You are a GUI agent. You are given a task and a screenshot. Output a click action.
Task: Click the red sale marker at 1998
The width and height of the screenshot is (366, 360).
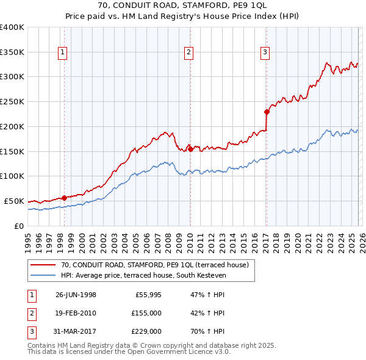point(64,198)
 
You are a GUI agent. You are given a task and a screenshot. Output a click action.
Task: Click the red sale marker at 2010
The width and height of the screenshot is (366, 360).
point(190,148)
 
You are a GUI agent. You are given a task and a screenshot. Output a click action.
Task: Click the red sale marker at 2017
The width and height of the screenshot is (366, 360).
point(267,112)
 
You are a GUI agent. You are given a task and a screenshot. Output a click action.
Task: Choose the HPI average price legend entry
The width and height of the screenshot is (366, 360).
point(143,276)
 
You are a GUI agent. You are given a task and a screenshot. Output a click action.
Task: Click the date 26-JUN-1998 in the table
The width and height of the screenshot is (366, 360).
point(76,294)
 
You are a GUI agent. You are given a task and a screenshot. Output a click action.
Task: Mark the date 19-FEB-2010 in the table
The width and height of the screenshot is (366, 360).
point(76,313)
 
